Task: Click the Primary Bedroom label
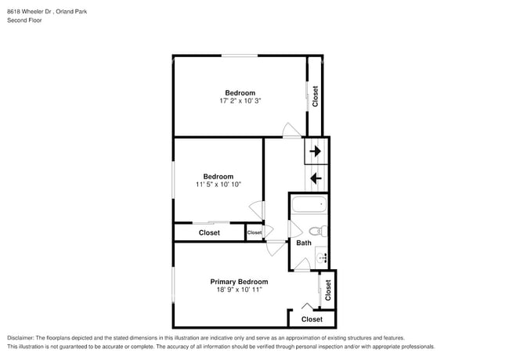tap(239, 282)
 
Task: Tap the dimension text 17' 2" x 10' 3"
tap(240, 101)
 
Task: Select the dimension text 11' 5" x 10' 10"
tap(218, 185)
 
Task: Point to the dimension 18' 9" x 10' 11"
tap(240, 290)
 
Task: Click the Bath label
tap(304, 243)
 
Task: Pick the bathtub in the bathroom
tap(309, 204)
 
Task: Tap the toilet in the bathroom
tap(318, 231)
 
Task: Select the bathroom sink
tap(321, 257)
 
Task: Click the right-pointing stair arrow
tap(316, 151)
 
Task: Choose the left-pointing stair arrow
tap(316, 178)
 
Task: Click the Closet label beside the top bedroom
tap(315, 96)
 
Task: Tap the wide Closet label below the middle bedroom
tap(209, 232)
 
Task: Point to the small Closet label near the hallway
tap(254, 232)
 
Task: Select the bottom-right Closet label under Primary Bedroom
tap(312, 319)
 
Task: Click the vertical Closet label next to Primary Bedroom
tap(328, 290)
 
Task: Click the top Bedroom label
tap(240, 93)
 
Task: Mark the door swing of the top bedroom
tap(291, 130)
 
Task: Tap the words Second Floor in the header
tap(24, 20)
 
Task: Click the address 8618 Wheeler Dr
tap(29, 12)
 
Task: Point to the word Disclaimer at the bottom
tap(20, 337)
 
